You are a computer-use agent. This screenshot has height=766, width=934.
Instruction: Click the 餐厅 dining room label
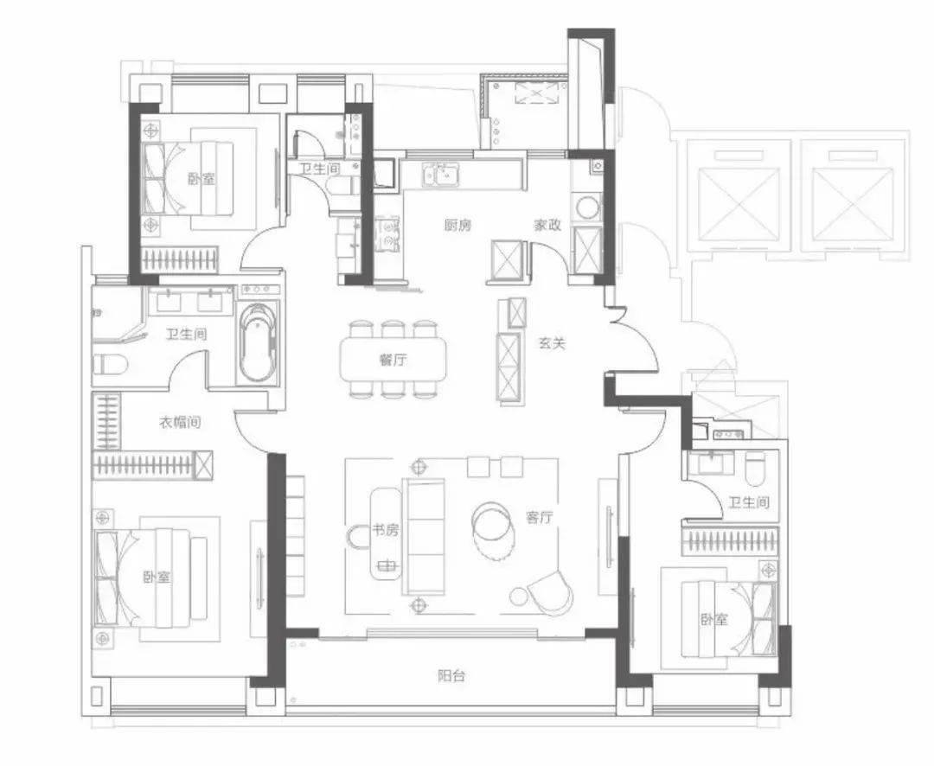393,360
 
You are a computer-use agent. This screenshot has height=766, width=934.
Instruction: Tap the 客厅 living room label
539,518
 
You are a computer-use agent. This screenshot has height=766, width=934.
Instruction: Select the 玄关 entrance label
552,343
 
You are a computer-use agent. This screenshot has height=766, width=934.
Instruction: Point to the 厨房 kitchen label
457,225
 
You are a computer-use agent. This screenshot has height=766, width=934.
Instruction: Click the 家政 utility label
547,225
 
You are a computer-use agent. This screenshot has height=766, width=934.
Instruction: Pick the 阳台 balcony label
451,675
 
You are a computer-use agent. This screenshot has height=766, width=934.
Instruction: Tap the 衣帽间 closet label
179,423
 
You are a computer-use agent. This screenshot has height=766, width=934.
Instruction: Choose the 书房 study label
385,529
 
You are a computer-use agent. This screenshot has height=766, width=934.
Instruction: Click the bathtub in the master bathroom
258,343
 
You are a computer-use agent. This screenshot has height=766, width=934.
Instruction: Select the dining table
393,360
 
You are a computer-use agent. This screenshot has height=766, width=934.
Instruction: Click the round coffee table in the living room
492,524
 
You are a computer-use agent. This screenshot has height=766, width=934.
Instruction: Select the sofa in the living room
424,536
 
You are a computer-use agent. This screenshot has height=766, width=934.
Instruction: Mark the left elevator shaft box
738,202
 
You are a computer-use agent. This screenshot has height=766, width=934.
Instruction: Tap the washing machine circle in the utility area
588,208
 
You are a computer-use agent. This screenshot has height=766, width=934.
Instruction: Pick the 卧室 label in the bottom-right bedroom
713,620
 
